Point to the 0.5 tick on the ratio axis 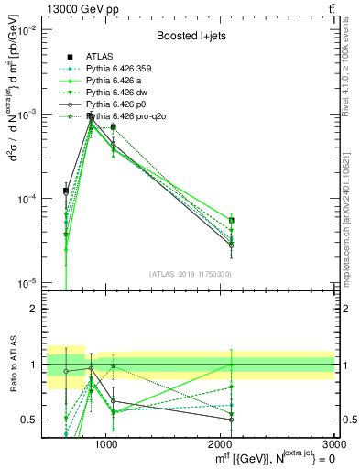click(30, 420)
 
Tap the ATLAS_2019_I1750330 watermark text click(190, 274)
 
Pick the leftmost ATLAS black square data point click(65, 191)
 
